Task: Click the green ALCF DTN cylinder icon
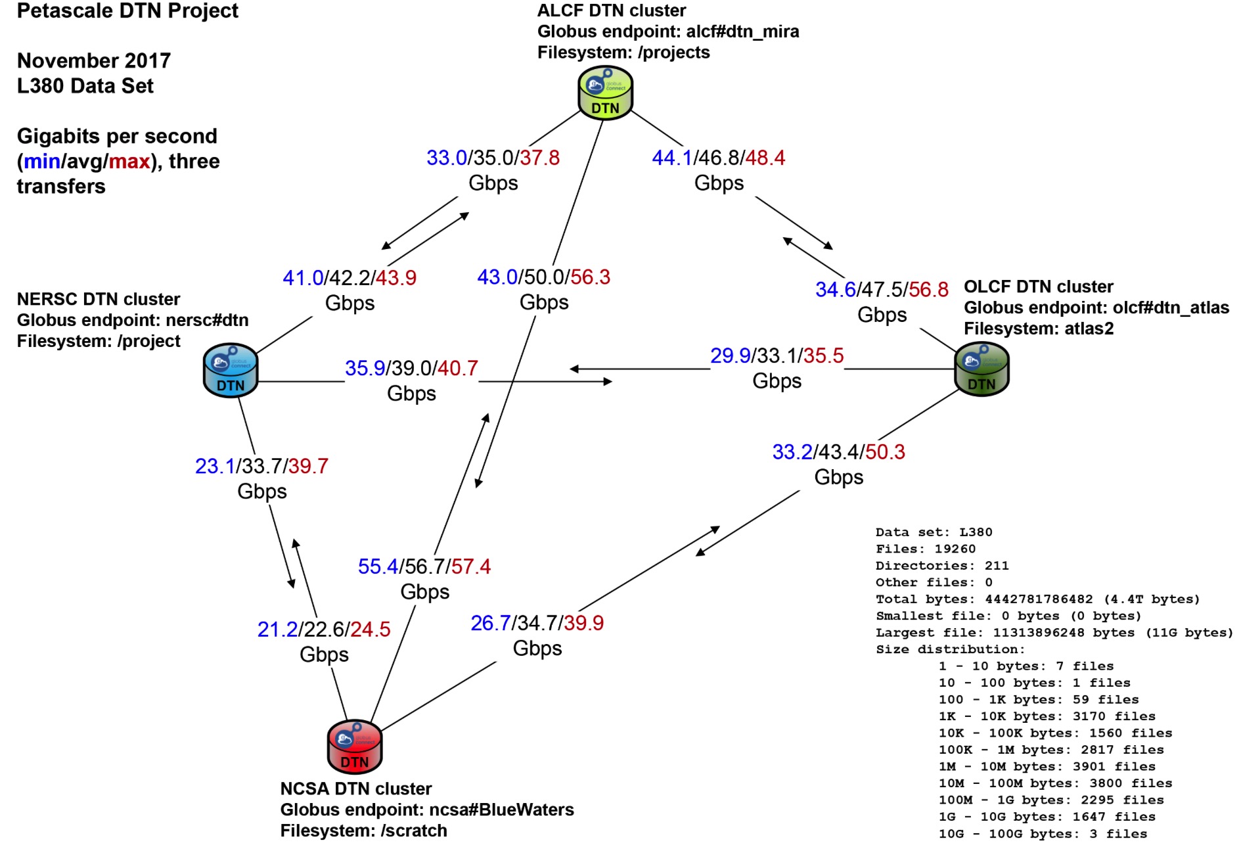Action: [x=605, y=93]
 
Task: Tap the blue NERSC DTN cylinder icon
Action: [x=231, y=371]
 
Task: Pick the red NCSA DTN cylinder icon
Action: [x=355, y=747]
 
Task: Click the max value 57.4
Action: [x=471, y=566]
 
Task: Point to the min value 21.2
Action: [x=277, y=630]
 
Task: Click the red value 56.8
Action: [x=929, y=290]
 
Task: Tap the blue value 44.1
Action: [x=672, y=158]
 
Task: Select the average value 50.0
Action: [x=544, y=277]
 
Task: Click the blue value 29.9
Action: [x=730, y=356]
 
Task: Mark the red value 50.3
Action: [x=885, y=452]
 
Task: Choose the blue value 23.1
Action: [x=215, y=466]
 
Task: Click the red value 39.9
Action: [x=583, y=623]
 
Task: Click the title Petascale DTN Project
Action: [x=127, y=11]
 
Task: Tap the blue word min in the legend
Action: [x=42, y=162]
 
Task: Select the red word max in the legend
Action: [x=129, y=162]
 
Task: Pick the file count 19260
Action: [x=955, y=549]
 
